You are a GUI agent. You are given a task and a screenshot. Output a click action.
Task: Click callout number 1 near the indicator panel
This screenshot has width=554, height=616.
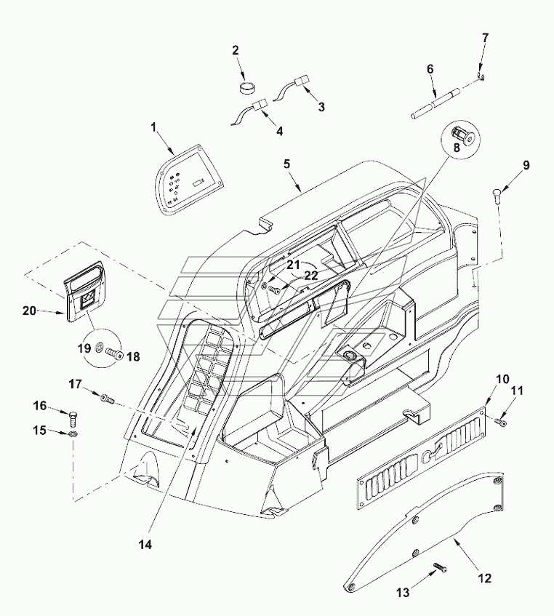tap(153, 127)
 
